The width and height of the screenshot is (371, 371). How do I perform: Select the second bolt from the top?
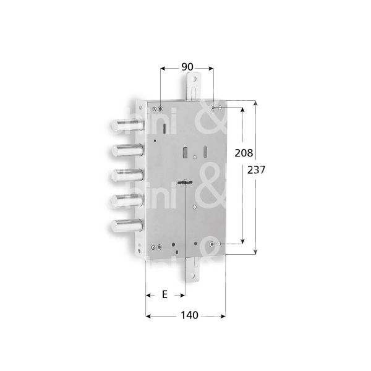pyautogui.click(x=126, y=150)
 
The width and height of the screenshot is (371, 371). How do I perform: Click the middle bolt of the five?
pyautogui.click(x=127, y=174)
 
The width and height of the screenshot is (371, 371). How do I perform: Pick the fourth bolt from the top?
pyautogui.click(x=127, y=199)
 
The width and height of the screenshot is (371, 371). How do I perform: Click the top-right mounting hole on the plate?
pyautogui.click(x=215, y=108)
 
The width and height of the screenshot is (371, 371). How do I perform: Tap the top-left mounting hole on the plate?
pyautogui.click(x=161, y=109)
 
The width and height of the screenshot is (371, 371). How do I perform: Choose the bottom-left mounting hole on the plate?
pyautogui.click(x=160, y=248)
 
